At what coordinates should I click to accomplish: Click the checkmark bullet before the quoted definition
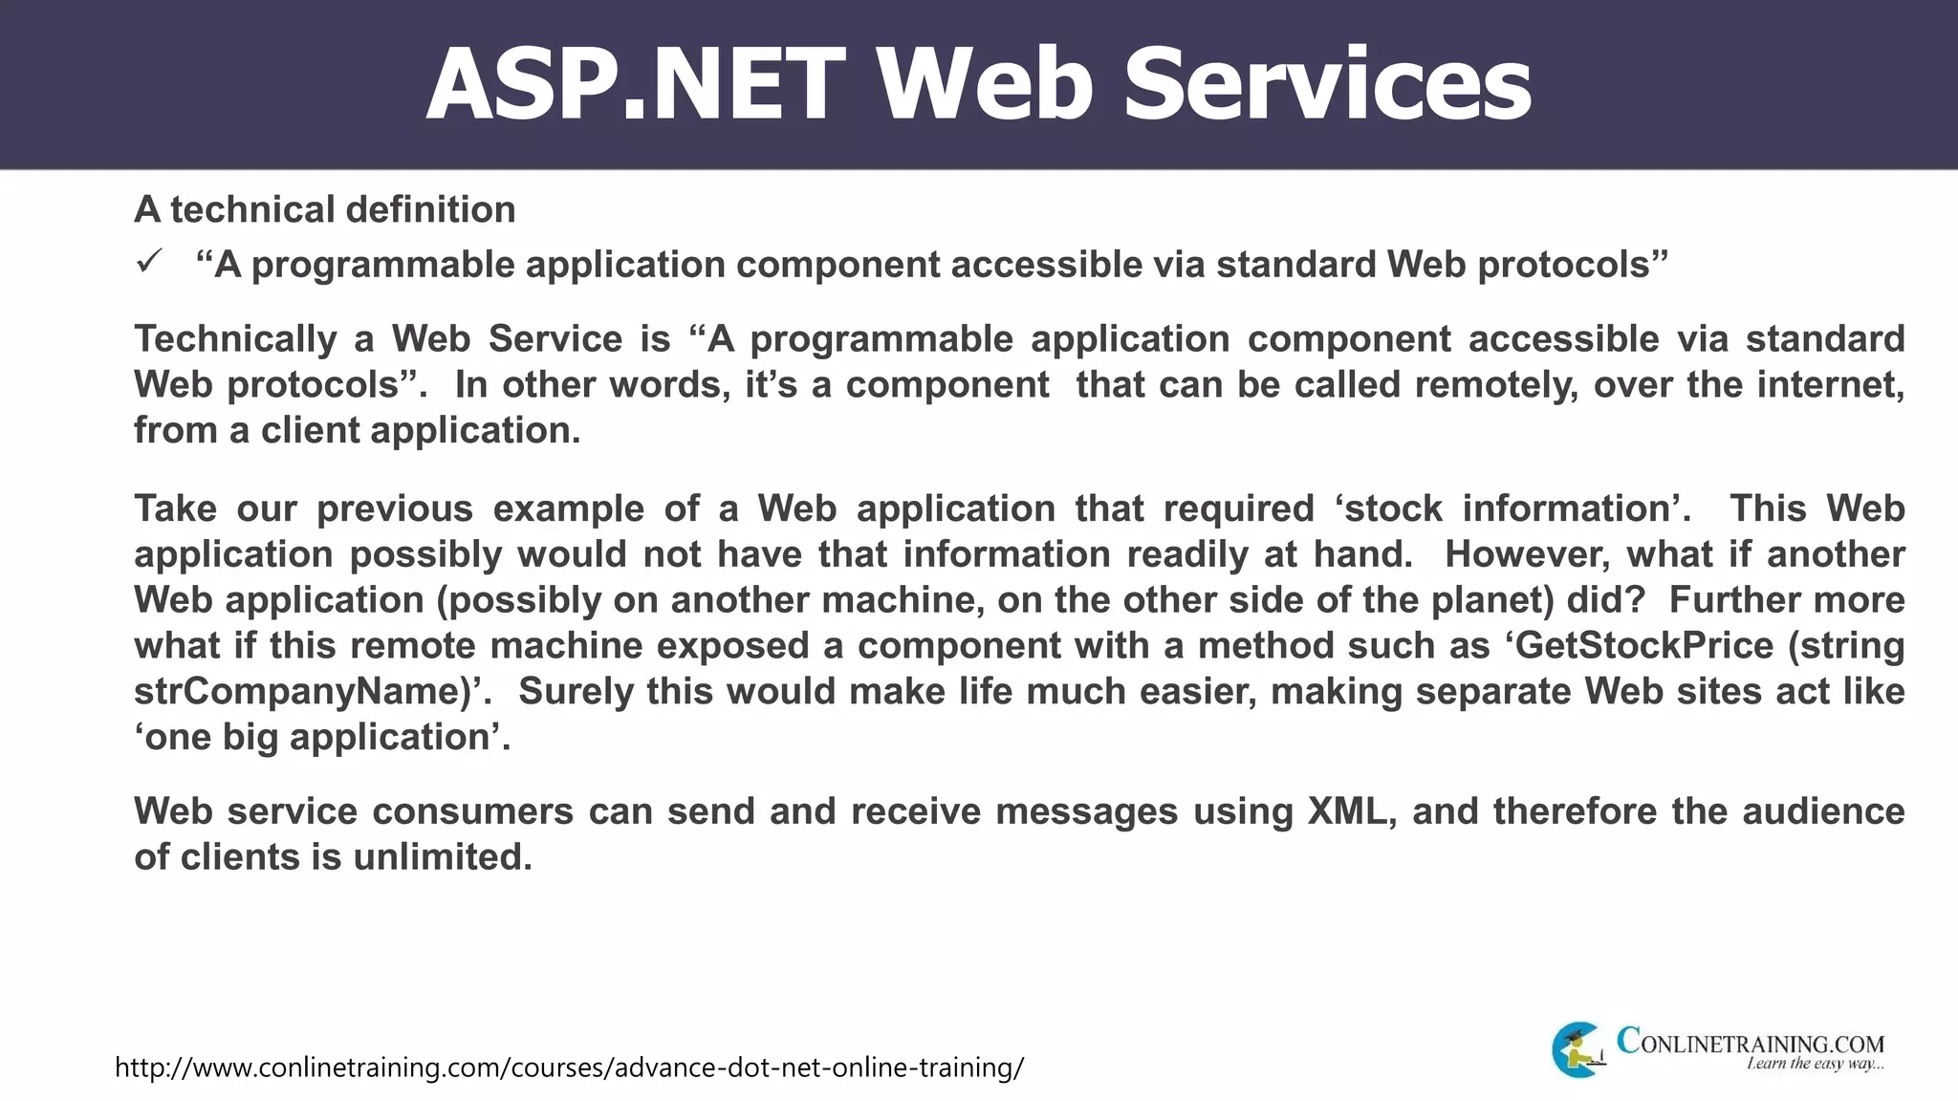[150, 262]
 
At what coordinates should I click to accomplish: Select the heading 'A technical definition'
[324, 209]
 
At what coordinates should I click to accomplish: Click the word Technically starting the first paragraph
[235, 339]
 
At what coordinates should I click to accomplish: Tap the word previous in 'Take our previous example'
[395, 508]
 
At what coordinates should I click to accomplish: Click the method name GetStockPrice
[1644, 646]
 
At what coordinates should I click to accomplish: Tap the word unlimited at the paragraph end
[442, 857]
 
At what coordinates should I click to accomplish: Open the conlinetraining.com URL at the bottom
[569, 1068]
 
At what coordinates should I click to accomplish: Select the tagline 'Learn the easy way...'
[1815, 1065]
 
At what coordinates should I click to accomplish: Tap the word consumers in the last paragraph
[472, 811]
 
